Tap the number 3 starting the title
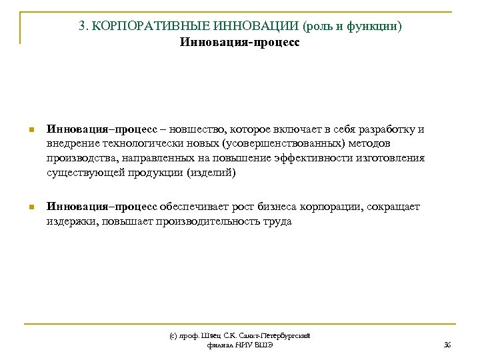pos(81,27)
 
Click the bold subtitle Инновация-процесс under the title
pos(239,43)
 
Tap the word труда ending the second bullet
pos(277,221)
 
